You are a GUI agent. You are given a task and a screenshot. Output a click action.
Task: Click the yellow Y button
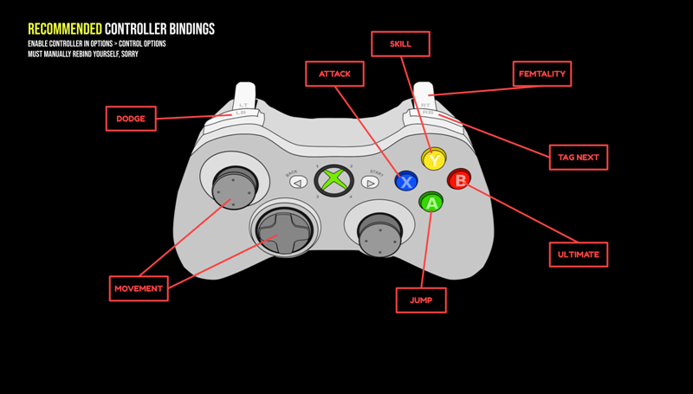[433, 159]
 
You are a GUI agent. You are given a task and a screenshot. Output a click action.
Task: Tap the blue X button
[406, 182]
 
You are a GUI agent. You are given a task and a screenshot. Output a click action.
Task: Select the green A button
[431, 203]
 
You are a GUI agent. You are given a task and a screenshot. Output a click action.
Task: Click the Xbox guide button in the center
[333, 181]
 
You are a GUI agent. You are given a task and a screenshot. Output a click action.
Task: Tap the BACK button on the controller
[297, 182]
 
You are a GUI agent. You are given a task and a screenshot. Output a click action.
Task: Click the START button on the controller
[371, 182]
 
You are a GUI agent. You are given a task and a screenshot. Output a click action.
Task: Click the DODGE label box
[131, 119]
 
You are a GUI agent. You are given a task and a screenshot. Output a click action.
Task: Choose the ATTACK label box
[334, 74]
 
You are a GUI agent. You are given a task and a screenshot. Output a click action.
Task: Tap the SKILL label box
[400, 43]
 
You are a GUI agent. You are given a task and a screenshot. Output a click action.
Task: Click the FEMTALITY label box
[541, 74]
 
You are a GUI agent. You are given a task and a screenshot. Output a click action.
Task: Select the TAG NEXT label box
[579, 157]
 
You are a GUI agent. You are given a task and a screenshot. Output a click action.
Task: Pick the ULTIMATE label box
[579, 255]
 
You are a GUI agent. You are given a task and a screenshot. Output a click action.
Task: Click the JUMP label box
[421, 300]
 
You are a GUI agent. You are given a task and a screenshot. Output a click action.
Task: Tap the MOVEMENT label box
[139, 288]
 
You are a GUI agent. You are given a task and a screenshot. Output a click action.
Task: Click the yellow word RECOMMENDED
[64, 29]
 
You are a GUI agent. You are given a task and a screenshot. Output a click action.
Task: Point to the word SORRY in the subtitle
[126, 54]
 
